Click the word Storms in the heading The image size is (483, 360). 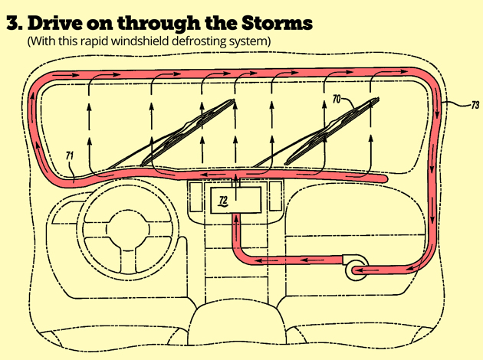tap(279, 22)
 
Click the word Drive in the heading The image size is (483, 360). tap(54, 22)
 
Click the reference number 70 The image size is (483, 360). tap(337, 99)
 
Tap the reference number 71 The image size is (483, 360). tap(70, 158)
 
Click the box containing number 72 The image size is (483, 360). tap(235, 201)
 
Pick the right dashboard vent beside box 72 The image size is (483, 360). tap(271, 201)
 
